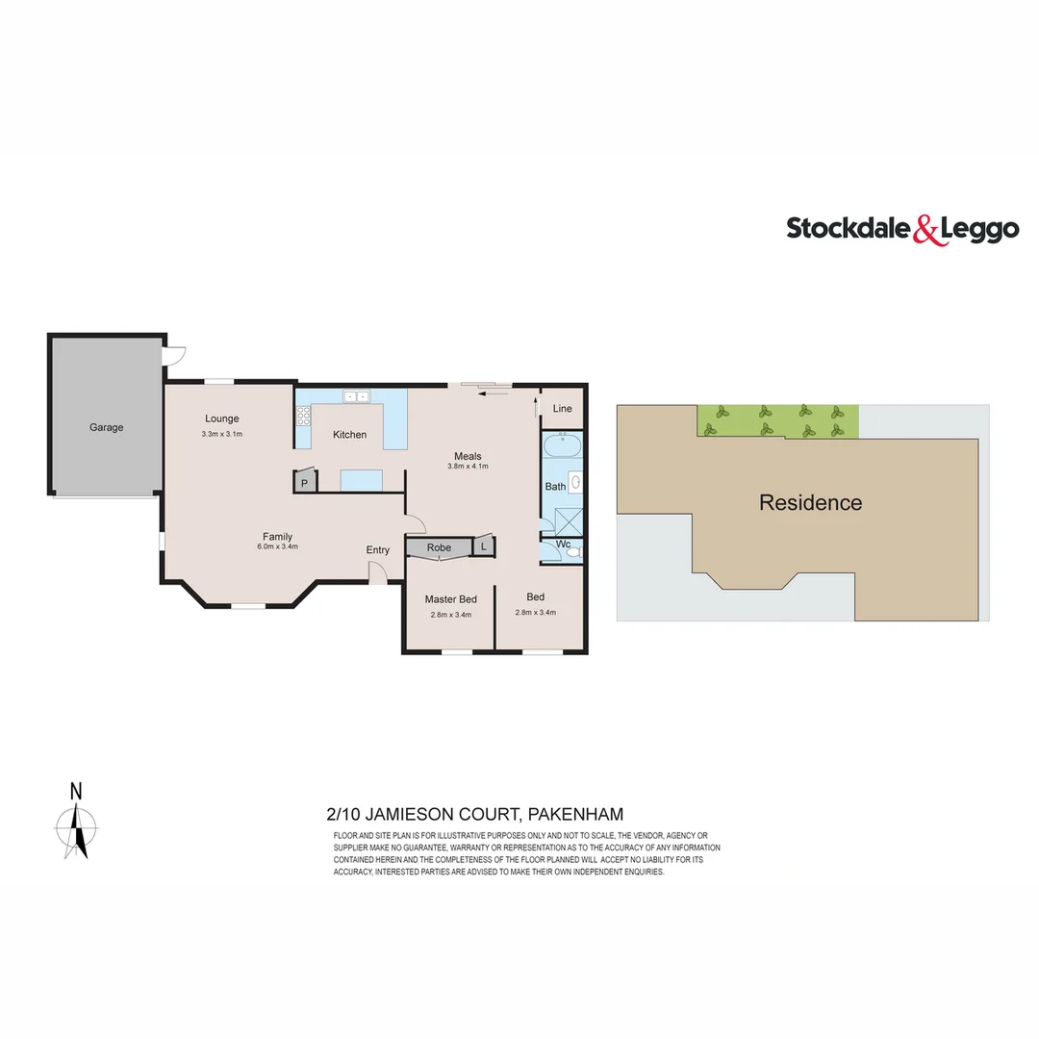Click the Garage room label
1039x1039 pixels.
107,427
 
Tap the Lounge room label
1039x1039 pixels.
221,418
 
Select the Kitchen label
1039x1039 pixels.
349,435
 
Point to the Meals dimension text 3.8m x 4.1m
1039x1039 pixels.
469,467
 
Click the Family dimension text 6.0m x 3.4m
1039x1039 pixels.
277,546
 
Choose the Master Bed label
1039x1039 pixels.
450,599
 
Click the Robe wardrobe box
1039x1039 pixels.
439,547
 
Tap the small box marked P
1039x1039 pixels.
305,483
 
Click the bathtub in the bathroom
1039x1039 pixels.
560,447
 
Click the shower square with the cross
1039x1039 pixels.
569,519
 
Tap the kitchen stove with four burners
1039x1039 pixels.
304,416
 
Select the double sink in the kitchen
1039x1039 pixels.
357,395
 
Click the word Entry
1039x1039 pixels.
378,550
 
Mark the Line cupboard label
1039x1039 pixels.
563,409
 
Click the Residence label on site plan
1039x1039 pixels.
810,502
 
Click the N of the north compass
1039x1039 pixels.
76,792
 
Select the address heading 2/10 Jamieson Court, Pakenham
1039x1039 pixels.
475,814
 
